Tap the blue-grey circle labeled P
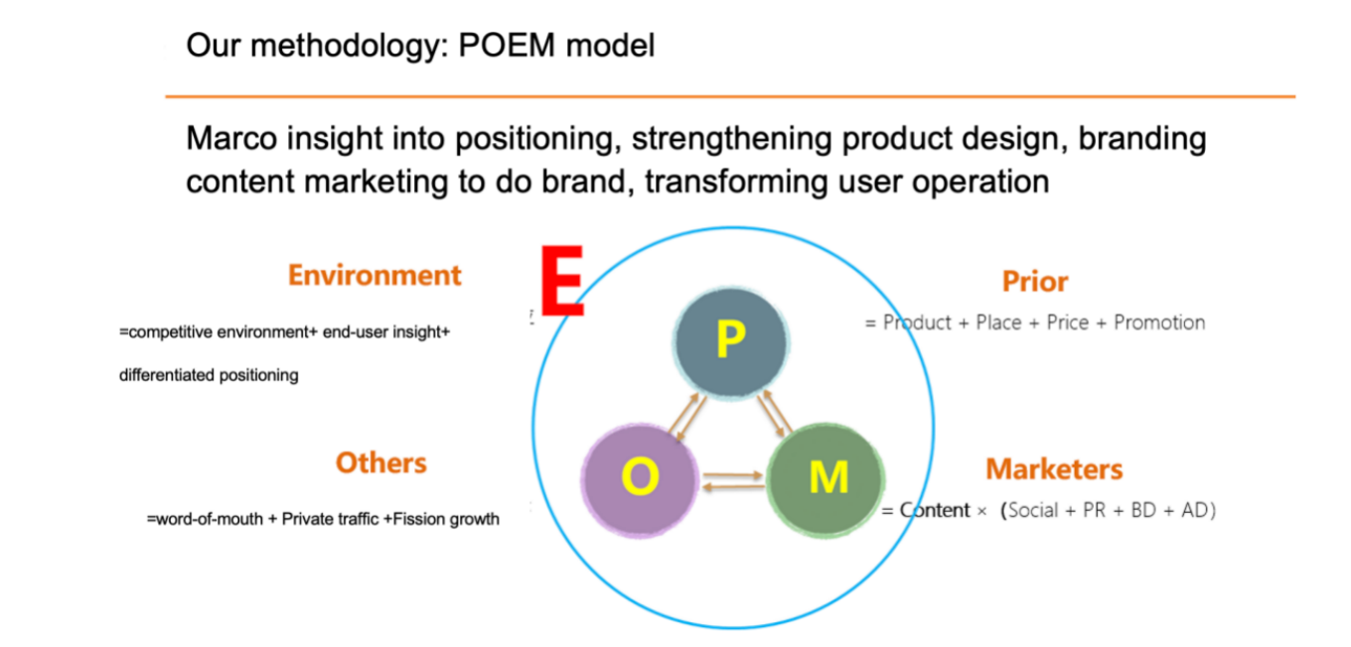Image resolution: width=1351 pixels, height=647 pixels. (730, 340)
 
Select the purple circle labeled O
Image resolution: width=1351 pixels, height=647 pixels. (639, 479)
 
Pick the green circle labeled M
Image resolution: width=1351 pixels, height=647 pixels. (826, 479)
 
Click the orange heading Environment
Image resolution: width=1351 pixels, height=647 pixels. (375, 275)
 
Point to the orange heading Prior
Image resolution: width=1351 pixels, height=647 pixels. (1035, 282)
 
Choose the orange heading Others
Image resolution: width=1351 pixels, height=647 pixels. (380, 462)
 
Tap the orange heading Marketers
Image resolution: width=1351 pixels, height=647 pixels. (1054, 468)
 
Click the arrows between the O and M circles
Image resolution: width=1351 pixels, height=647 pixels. (732, 482)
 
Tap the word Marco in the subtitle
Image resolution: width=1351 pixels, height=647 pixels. (231, 139)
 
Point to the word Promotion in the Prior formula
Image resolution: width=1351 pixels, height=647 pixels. (1159, 323)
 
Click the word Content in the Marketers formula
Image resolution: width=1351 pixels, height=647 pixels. (935, 511)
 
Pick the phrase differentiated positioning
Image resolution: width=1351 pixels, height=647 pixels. (209, 375)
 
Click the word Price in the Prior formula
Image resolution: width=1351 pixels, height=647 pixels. (1067, 323)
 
